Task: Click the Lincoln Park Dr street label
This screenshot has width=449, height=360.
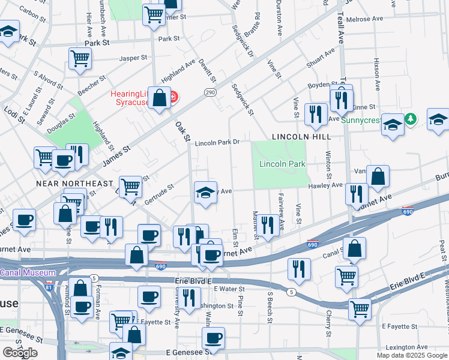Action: click(x=217, y=143)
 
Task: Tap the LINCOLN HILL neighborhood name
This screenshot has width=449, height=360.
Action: click(x=301, y=137)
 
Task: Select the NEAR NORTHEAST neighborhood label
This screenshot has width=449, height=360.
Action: click(x=74, y=183)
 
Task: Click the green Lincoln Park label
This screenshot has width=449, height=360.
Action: click(x=282, y=164)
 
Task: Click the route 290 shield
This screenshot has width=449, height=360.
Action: click(x=209, y=92)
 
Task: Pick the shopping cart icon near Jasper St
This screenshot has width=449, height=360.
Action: click(x=80, y=58)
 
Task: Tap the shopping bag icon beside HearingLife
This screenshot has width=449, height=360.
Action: click(x=160, y=97)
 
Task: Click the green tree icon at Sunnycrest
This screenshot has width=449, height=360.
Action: click(x=410, y=119)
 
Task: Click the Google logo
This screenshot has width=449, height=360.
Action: click(x=20, y=353)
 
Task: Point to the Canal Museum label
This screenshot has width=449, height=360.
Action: click(x=28, y=272)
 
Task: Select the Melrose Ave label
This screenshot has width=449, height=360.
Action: click(x=363, y=19)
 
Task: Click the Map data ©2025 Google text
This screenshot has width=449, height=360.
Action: click(x=412, y=355)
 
